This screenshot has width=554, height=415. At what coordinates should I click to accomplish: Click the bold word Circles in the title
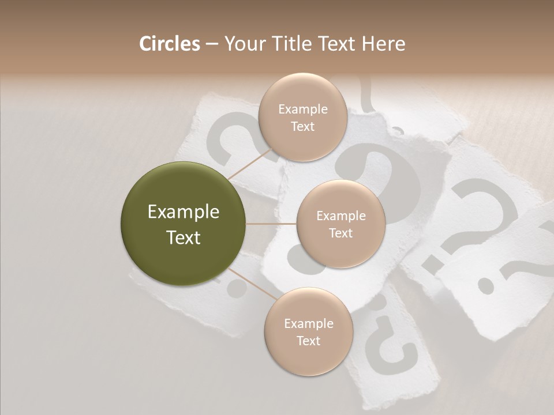tap(169, 44)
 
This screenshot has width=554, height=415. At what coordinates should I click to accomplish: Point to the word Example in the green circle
tap(184, 212)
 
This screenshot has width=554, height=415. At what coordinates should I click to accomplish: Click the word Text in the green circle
tap(184, 237)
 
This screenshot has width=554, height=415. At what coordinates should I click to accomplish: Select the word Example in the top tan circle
tap(303, 109)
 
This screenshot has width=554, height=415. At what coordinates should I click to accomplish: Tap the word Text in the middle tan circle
tap(340, 233)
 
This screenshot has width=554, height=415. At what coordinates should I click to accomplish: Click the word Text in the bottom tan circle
tap(308, 341)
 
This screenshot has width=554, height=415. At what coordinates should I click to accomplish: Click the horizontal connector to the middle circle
tap(271, 224)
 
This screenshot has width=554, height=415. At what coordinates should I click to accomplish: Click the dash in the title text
tap(212, 44)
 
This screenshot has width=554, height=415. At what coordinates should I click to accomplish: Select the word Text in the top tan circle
tap(303, 126)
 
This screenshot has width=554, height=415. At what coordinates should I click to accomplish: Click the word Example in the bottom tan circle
tap(308, 323)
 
